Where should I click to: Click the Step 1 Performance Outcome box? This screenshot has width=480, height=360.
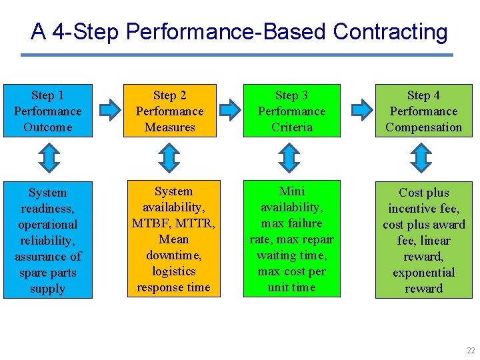pos(47,111)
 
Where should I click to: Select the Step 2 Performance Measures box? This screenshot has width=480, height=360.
pos(169,111)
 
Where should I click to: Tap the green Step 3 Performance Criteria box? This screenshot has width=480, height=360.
pos(291,111)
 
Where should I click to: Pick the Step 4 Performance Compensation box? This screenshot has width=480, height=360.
pos(423,111)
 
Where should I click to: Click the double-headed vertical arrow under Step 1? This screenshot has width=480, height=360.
pos(48,158)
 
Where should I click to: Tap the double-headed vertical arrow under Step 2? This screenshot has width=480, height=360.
pos(169,158)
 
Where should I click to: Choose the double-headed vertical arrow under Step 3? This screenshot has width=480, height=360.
pos(289,158)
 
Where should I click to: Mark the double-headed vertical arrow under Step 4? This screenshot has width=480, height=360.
pos(422,158)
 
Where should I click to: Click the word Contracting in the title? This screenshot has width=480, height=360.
pos(390,31)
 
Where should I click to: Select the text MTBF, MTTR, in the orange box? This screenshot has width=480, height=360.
pos(173,223)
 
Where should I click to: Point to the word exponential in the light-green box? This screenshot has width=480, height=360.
pos(423,273)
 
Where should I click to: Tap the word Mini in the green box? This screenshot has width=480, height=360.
pos(291,191)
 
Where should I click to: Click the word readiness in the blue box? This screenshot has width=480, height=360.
pos(47,209)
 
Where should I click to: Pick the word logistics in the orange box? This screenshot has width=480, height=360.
pos(173,271)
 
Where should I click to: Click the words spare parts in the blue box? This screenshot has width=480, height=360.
pos(47,273)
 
